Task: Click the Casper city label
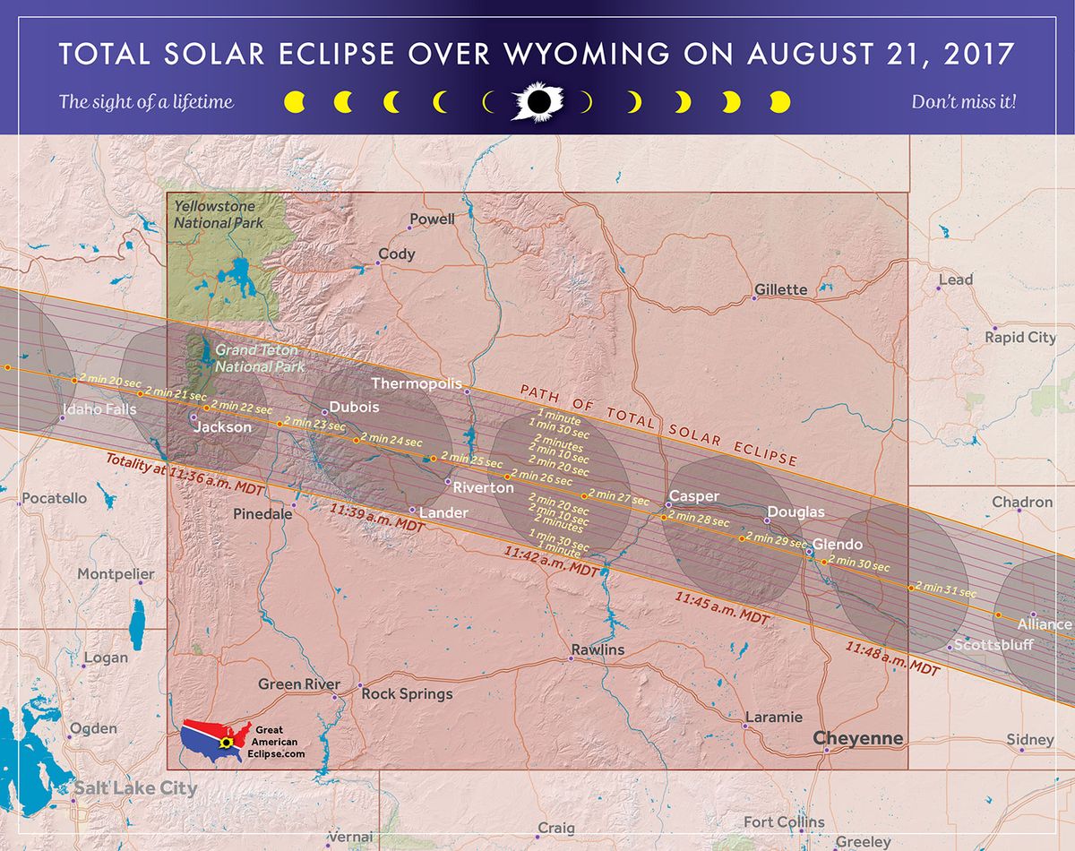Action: click(x=694, y=496)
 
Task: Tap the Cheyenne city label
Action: click(x=857, y=739)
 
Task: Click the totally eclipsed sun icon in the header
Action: click(x=537, y=102)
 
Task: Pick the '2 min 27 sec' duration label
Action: click(x=619, y=498)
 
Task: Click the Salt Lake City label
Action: click(x=134, y=788)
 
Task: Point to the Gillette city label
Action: click(x=780, y=289)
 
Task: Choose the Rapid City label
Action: click(x=1020, y=338)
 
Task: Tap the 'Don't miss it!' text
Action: click(x=963, y=102)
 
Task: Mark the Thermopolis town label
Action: click(x=417, y=383)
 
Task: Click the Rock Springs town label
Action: click(x=407, y=693)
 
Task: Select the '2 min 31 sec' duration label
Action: click(x=947, y=590)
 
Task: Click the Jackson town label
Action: click(x=223, y=427)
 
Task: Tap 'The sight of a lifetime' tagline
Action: click(x=146, y=101)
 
